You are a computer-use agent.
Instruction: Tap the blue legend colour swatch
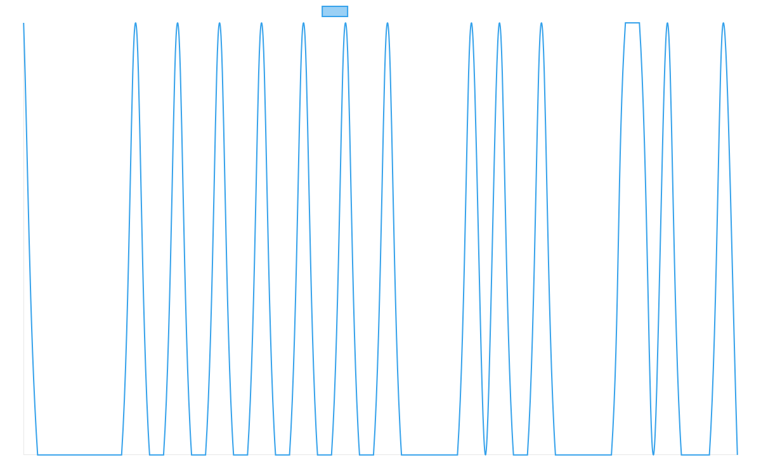(335, 11)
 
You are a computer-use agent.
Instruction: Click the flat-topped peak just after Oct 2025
(632, 23)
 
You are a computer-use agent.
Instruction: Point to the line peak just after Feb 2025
(135, 23)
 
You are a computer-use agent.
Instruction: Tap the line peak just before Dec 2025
(723, 23)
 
